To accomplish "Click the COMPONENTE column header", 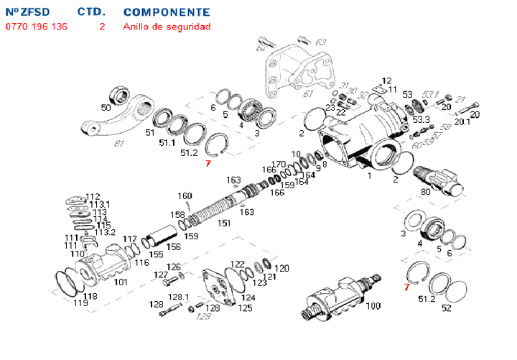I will tap(167, 12).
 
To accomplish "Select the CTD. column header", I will tap(90, 12).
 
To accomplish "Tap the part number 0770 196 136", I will tap(37, 27).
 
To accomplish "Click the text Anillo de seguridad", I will tap(167, 27).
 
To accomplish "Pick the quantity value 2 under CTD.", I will tap(102, 27).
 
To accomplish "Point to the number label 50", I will tap(106, 108).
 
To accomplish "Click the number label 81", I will tap(121, 142).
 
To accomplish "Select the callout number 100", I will tap(373, 306).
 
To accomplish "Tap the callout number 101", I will tap(121, 282).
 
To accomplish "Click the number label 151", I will tap(224, 223).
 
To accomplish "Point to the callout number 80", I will tap(426, 192).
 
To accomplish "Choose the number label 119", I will tap(81, 303).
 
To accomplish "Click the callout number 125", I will tap(246, 308).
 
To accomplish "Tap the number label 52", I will tap(447, 309).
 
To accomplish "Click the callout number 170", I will tap(279, 165).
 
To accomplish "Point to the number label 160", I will tap(185, 196).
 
